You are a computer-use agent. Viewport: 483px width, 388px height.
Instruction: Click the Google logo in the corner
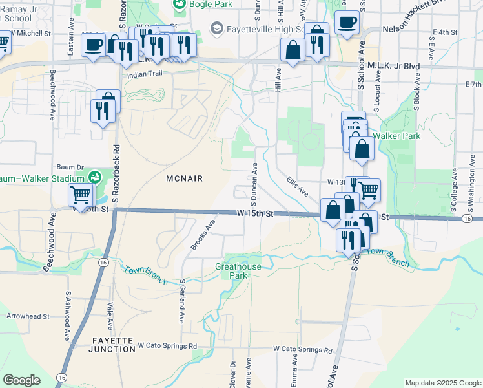[x=22, y=380]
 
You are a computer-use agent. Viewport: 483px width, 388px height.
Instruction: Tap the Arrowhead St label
[x=28, y=317]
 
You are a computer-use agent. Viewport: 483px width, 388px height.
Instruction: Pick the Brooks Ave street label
[x=202, y=233]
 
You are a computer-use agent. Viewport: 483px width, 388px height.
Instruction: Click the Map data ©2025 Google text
[x=442, y=383]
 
